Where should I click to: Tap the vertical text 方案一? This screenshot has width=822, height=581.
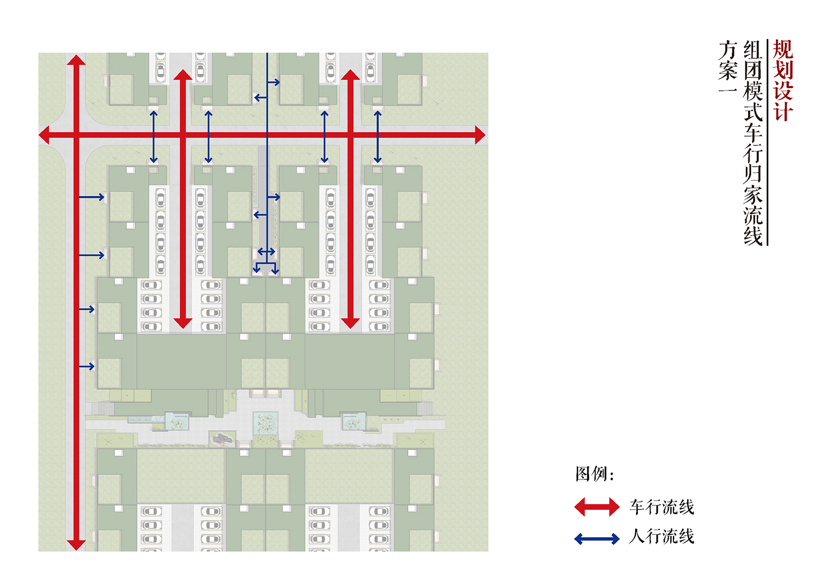728,67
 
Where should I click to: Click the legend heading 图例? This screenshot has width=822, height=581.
594,474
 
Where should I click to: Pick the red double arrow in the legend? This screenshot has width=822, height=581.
597,507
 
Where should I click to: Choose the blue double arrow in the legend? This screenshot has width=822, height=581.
597,539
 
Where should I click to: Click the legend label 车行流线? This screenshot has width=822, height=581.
661,507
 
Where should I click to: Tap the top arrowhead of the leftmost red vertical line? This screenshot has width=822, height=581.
76,60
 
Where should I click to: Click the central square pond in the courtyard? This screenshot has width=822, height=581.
265,423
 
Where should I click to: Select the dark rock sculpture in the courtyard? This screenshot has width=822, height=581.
221,438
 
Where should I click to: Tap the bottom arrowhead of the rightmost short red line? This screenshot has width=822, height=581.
351,323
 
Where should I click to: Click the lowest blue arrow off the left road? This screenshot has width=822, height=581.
87,366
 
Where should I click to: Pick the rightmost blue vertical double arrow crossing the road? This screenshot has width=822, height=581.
377,137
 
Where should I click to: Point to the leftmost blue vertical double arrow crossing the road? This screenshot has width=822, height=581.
154,137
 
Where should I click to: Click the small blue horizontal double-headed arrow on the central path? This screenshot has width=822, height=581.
266,252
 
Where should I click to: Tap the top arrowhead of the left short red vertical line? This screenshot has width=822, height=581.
182,75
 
